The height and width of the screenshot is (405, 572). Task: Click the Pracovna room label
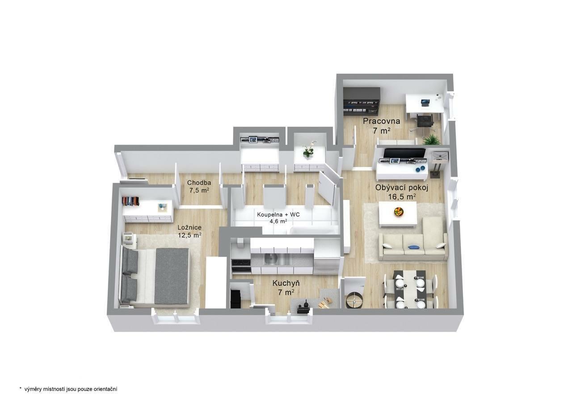point(381,121)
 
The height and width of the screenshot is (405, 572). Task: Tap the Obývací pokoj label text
point(401,188)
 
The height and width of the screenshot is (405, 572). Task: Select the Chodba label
point(199,183)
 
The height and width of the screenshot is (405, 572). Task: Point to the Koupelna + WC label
point(278,214)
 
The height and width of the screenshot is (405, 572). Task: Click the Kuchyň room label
point(286,283)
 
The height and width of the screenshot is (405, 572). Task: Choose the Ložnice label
point(189,227)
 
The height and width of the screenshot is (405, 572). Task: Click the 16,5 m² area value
point(401,196)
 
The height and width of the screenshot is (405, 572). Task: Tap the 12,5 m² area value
point(189,235)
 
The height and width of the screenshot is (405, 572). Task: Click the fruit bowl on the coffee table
point(399,212)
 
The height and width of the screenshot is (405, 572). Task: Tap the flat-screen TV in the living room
point(404,153)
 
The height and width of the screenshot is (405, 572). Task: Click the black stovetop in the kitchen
point(241,262)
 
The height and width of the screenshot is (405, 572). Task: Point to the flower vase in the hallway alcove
point(309,149)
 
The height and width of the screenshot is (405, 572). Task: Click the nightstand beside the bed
point(130,240)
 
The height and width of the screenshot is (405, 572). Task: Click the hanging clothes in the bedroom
point(130,201)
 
